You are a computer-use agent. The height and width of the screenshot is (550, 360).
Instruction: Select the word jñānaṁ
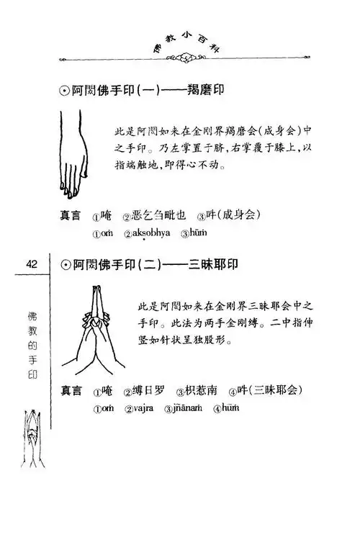coord(194,407)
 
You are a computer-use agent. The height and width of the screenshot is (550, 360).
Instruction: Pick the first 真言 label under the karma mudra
coord(70,215)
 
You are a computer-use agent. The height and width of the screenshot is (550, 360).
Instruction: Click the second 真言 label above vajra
coord(70,391)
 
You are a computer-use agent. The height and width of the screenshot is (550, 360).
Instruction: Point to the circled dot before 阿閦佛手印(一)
coord(63,92)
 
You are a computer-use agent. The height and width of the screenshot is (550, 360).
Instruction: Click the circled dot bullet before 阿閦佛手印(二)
coord(63,265)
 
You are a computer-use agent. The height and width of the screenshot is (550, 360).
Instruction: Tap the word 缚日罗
coord(150,391)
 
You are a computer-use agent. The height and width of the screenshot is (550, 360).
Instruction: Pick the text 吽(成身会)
coord(233,215)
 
